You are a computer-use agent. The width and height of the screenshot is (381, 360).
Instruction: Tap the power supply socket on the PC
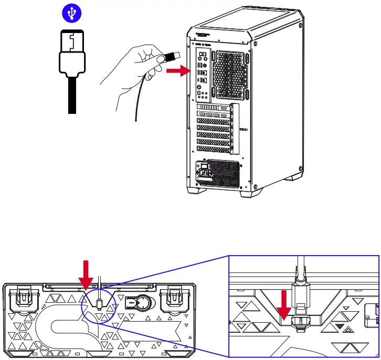click(204, 171)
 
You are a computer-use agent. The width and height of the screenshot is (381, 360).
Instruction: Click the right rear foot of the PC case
click(249, 193)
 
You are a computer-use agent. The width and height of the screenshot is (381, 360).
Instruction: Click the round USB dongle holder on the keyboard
click(137, 303)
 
